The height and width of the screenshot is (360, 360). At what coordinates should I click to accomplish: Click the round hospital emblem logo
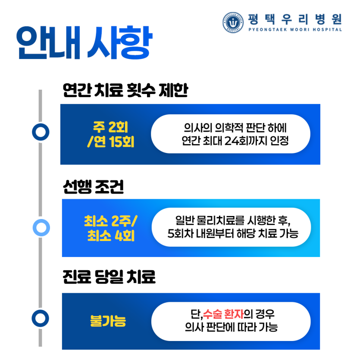point(233,22)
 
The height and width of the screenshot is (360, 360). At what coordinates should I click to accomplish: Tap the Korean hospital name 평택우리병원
point(295,19)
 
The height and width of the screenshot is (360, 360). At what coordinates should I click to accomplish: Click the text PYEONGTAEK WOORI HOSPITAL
point(295,30)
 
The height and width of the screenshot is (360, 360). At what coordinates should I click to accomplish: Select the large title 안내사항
point(84,43)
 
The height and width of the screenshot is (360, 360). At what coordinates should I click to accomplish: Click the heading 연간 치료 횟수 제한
point(125,90)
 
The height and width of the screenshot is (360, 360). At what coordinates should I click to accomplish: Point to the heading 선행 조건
point(93,187)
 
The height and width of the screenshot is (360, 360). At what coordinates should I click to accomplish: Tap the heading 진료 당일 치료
point(109,277)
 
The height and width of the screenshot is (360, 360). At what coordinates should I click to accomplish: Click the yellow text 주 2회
point(110,127)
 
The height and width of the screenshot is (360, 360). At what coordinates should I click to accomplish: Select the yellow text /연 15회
point(111,141)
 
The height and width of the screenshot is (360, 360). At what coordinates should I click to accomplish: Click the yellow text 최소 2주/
point(111,221)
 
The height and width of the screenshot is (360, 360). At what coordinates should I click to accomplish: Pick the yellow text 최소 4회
point(111,235)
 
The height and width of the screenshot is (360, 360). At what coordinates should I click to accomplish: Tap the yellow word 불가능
point(108,321)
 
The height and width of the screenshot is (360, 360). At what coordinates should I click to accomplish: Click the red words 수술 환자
point(223,314)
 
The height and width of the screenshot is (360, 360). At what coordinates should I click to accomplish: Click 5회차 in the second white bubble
point(179,234)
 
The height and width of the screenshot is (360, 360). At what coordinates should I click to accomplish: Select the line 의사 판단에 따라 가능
point(231,327)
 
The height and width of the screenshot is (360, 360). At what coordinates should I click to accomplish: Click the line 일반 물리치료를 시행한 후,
point(233,220)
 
